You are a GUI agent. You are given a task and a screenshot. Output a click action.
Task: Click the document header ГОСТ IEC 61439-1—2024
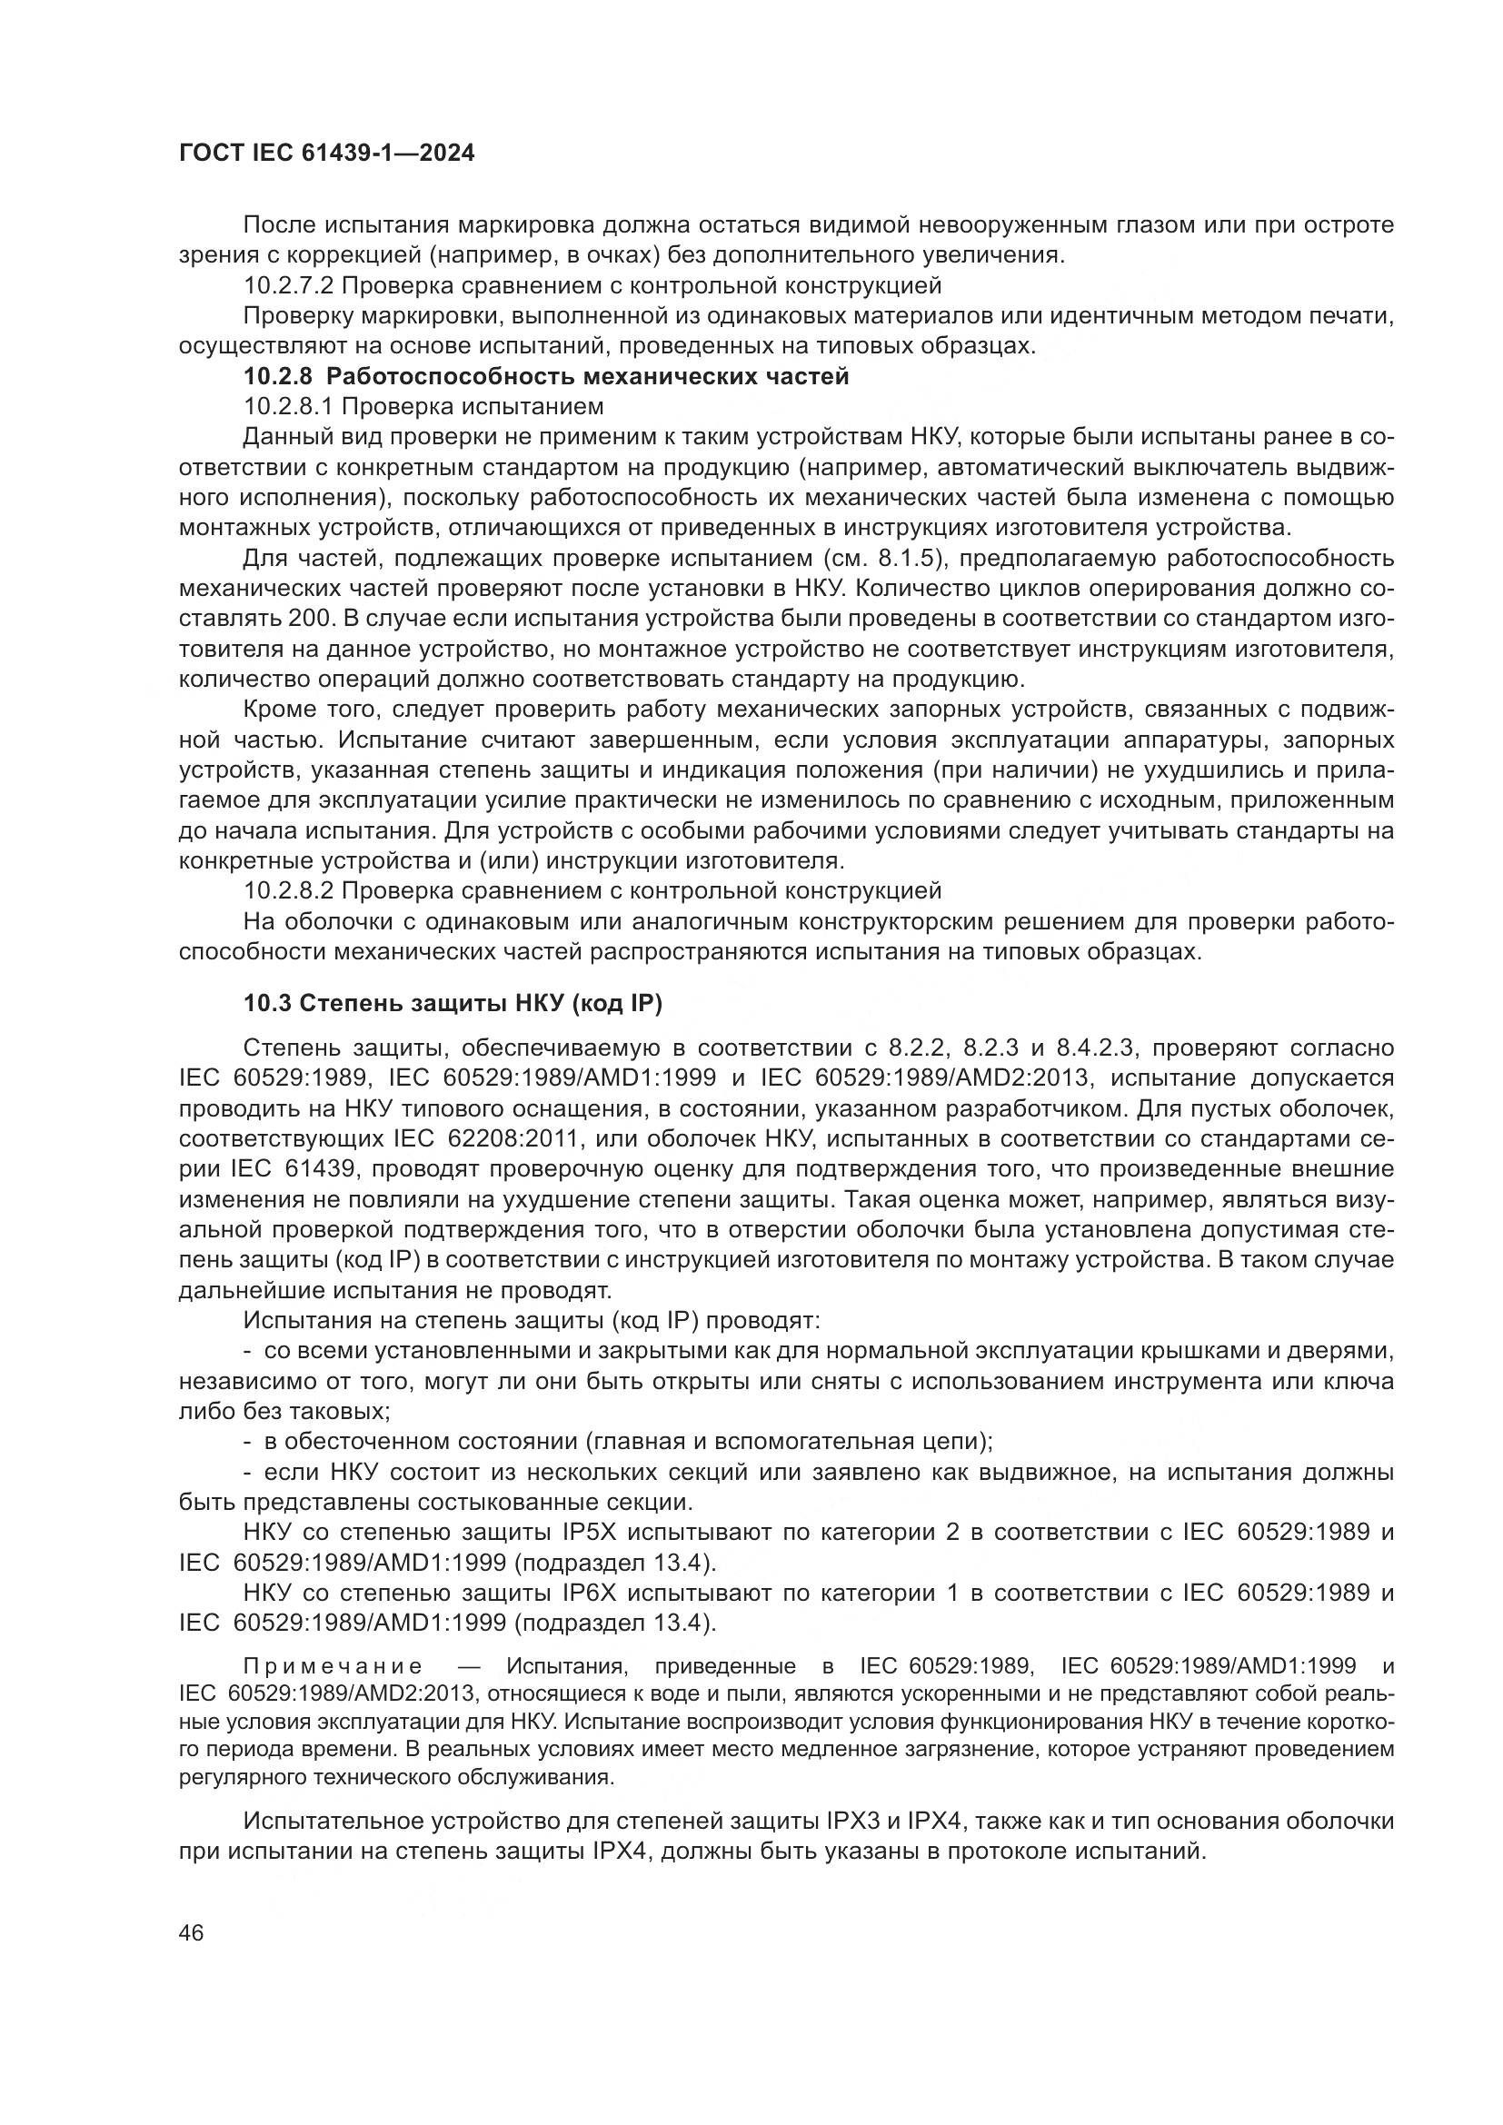[327, 154]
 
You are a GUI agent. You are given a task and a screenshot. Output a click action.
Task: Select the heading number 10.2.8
[279, 377]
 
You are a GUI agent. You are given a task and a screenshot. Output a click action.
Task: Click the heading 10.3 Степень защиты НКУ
[453, 1002]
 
